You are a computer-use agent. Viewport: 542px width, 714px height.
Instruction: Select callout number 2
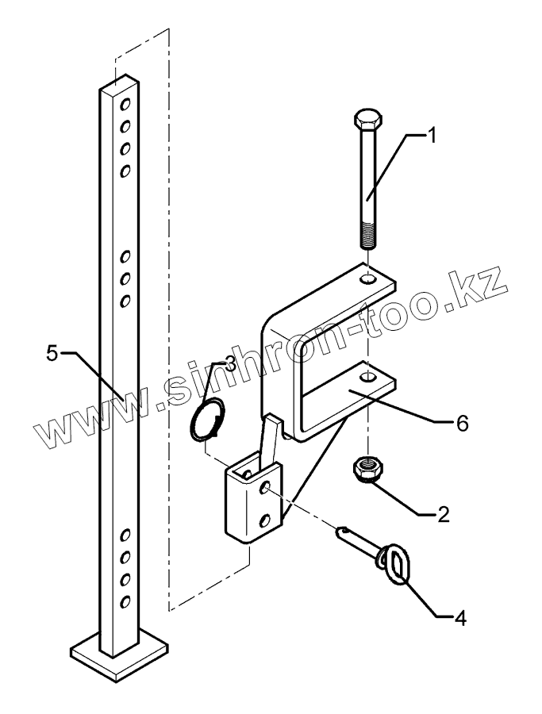click(x=441, y=515)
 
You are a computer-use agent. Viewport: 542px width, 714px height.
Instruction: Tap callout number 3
click(x=229, y=363)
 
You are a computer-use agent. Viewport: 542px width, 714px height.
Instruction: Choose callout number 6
click(x=459, y=423)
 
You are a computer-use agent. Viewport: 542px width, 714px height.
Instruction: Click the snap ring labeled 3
click(x=209, y=419)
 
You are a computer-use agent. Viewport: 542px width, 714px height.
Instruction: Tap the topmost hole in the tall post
click(x=125, y=103)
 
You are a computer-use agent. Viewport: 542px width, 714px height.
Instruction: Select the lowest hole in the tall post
click(x=124, y=601)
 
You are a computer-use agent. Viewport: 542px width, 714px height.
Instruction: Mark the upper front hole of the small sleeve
click(x=264, y=486)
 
